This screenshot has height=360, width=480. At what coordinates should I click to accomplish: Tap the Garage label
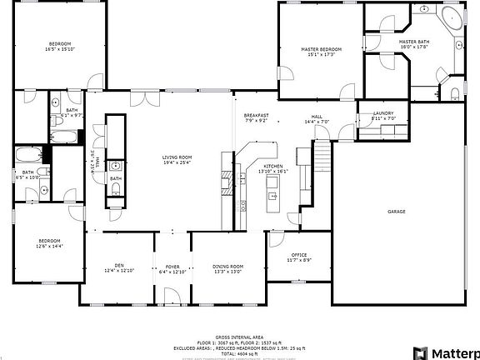[x=396, y=212]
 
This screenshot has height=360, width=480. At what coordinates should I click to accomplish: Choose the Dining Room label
[x=228, y=267]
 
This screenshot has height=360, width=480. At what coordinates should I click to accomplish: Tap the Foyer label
[x=172, y=267]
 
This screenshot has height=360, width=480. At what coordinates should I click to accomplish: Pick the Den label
[x=120, y=267]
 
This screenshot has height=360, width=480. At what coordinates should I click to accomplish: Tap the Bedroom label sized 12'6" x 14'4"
[x=49, y=242]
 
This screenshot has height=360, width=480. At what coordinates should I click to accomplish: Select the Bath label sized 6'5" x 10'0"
[x=27, y=174]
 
